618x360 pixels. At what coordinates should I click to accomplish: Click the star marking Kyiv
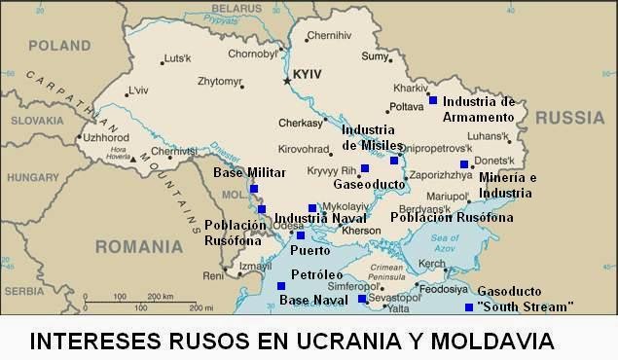pyautogui.click(x=286, y=81)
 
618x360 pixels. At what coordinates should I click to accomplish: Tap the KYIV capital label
pyautogui.click(x=309, y=74)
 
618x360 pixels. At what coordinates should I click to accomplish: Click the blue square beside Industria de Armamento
pyautogui.click(x=432, y=99)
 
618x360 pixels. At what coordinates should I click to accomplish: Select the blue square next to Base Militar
pyautogui.click(x=254, y=188)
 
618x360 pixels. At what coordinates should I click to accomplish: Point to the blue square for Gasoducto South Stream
pyautogui.click(x=469, y=308)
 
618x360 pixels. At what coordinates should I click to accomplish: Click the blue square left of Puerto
pyautogui.click(x=300, y=235)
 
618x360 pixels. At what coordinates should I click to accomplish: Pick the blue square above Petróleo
pyautogui.click(x=281, y=286)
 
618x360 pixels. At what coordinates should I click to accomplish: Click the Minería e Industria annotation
pyautogui.click(x=507, y=185)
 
